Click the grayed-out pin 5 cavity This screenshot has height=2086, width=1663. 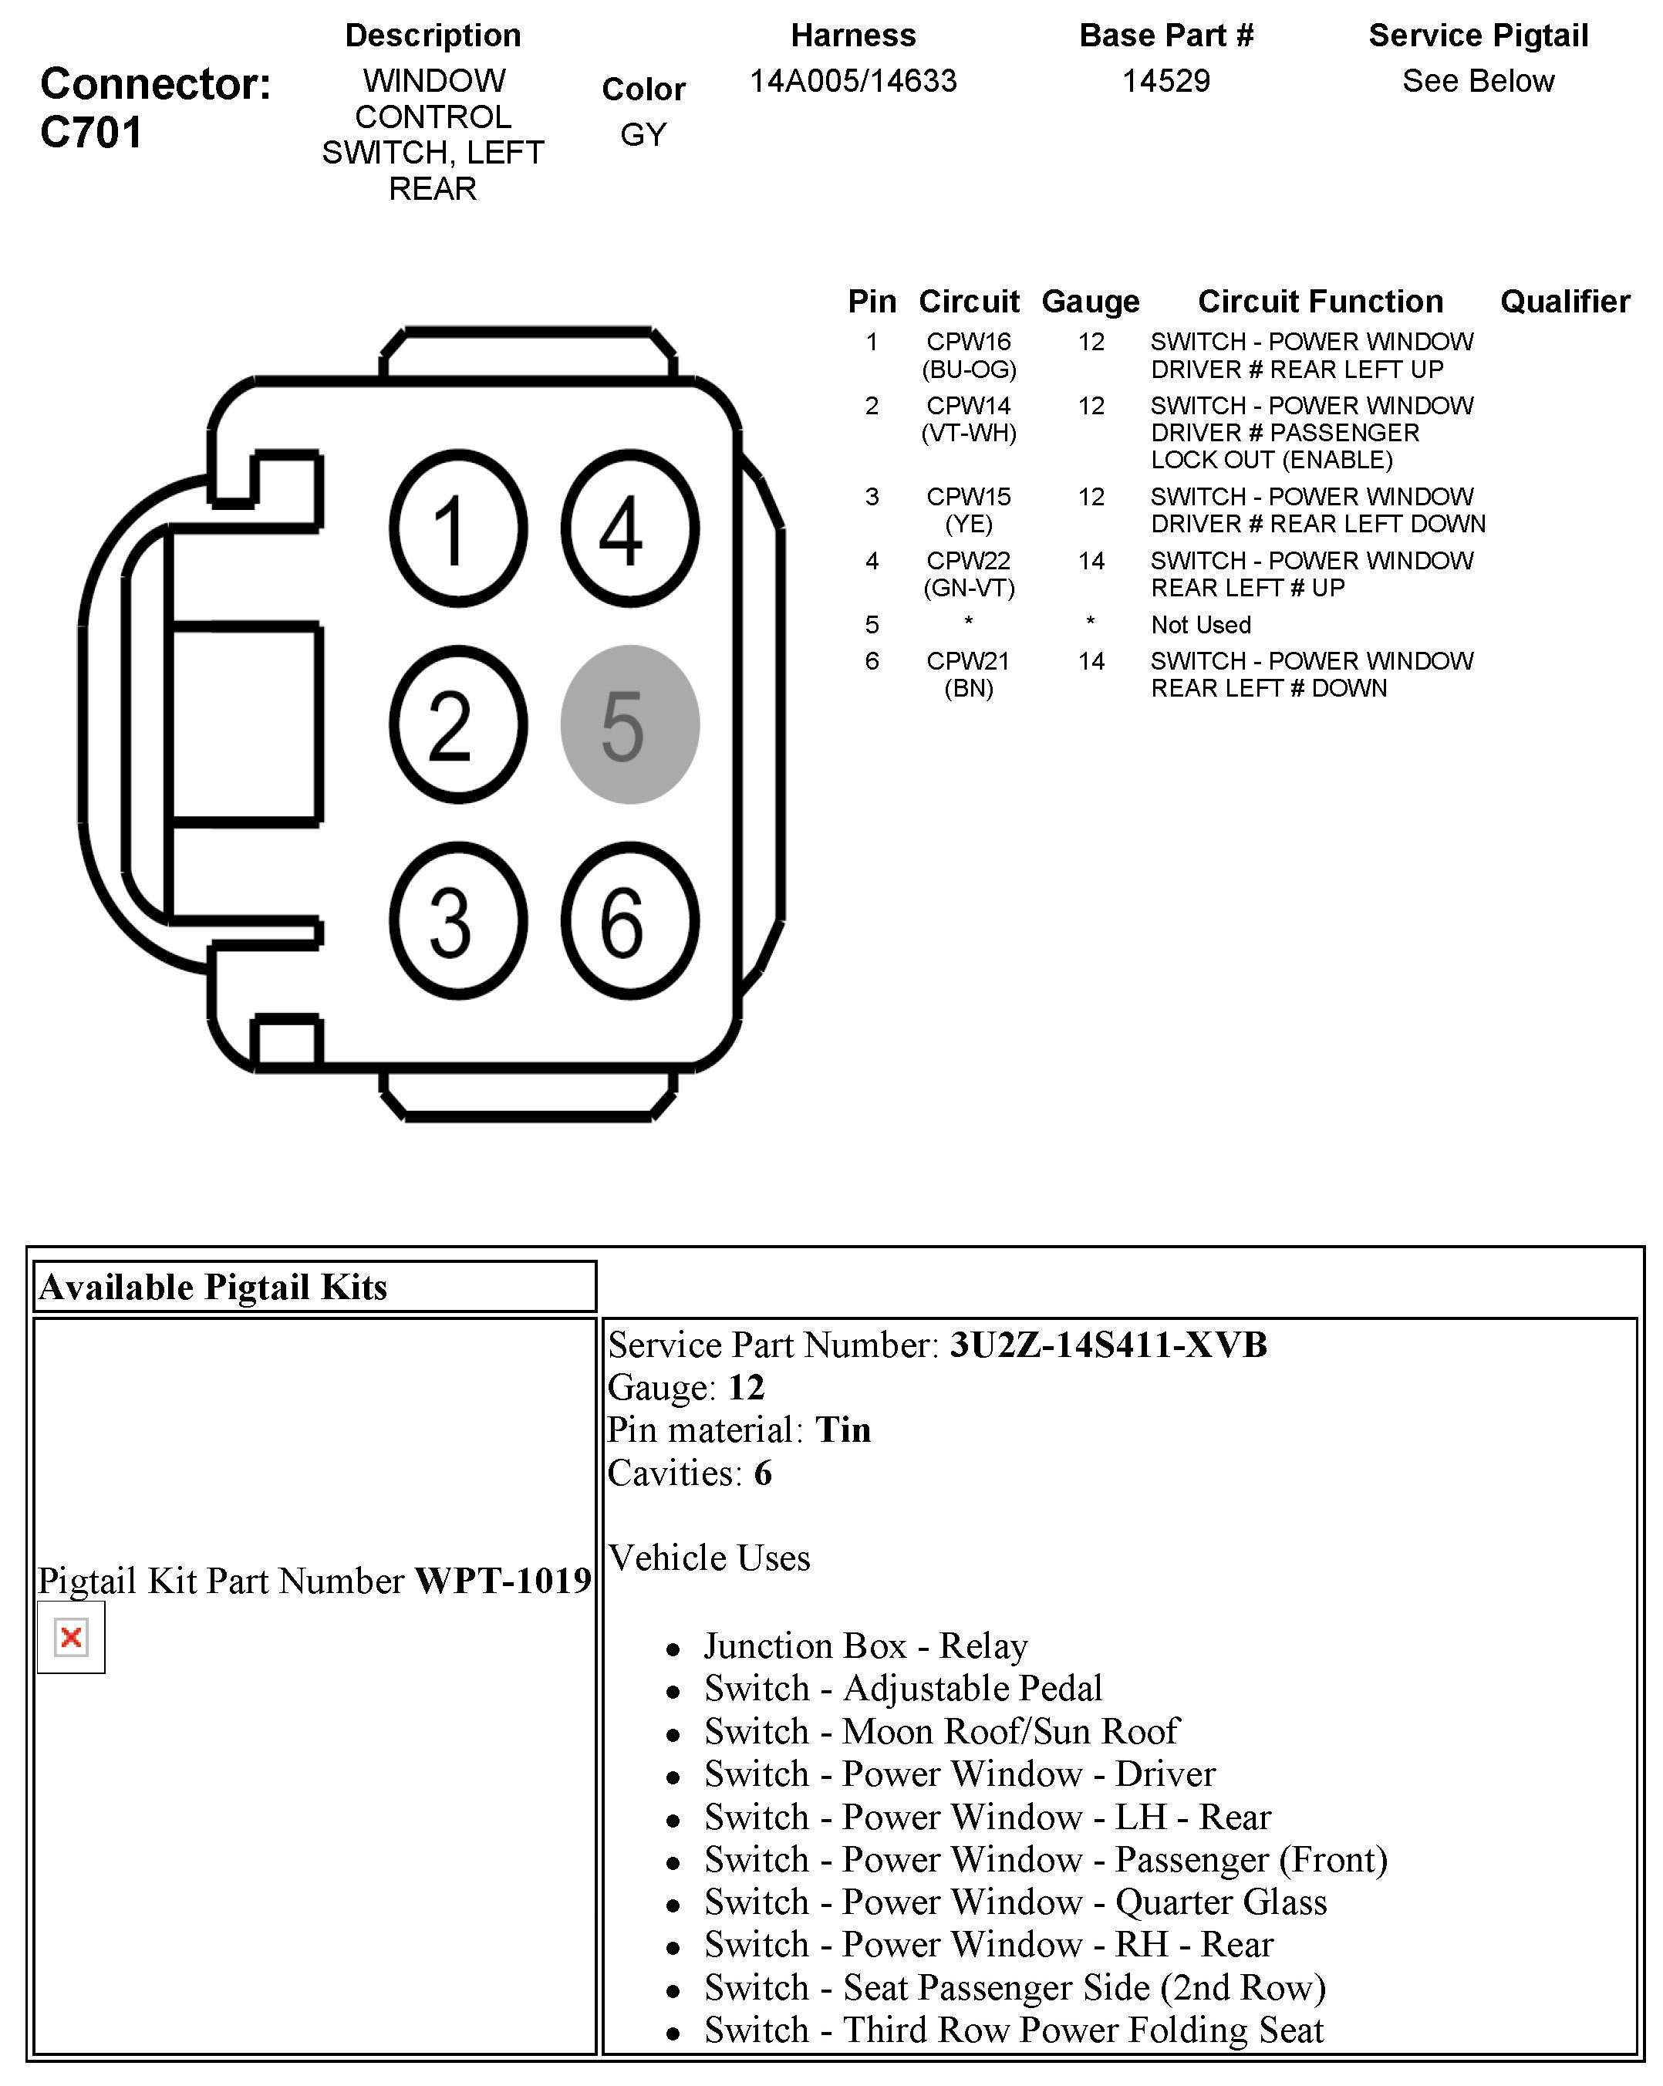[x=629, y=724]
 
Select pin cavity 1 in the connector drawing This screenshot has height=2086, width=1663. [x=458, y=528]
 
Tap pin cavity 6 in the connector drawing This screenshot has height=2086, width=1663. [x=629, y=920]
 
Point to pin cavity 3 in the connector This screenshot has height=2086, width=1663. [x=458, y=920]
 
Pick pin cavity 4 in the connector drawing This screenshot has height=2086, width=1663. [x=629, y=528]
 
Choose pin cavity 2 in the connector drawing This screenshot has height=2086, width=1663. [x=458, y=724]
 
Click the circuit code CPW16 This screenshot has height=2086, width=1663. [x=968, y=342]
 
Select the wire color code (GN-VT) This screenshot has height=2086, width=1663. [x=968, y=589]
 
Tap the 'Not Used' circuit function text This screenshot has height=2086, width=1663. [x=1200, y=625]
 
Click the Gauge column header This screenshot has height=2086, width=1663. [x=1091, y=302]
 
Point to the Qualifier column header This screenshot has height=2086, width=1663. [x=1564, y=302]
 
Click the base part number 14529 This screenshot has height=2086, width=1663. [x=1165, y=81]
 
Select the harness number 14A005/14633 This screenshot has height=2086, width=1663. [x=853, y=81]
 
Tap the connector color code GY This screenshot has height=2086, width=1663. [x=643, y=134]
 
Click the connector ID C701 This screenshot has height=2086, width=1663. [x=92, y=133]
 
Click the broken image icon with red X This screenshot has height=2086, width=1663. [x=71, y=1637]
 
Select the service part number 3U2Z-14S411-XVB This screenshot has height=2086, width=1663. [x=1108, y=1345]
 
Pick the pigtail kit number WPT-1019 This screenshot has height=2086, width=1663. [x=503, y=1581]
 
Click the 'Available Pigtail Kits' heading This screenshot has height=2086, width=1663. [x=213, y=1287]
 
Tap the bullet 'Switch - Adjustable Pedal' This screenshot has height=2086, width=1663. [x=902, y=1689]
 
